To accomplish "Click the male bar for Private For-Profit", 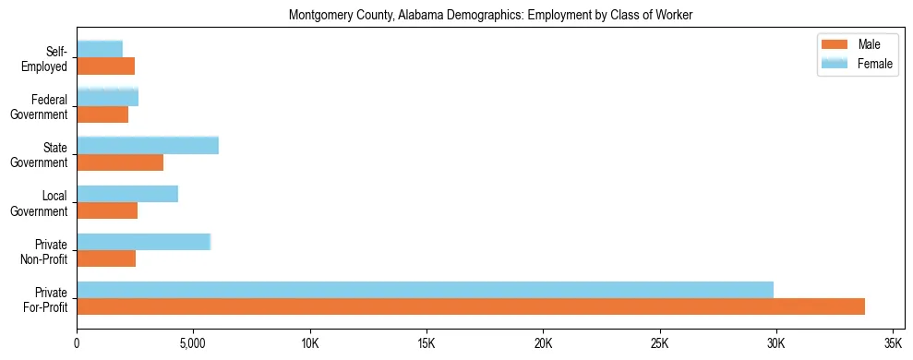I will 471,306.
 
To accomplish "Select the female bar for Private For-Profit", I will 425,290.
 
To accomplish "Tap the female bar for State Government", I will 148,145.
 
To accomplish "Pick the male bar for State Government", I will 120,162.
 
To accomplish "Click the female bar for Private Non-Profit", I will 144,242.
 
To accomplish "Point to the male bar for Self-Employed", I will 105,66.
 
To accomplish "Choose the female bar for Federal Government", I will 107,97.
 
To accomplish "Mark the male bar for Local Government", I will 107,210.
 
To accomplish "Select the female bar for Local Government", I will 127,194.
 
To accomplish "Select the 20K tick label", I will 543,343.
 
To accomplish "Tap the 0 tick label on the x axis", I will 77,343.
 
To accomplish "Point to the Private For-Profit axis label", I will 49,299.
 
